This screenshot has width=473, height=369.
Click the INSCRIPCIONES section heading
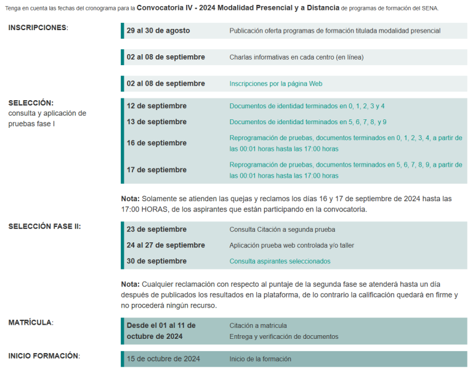click(38, 28)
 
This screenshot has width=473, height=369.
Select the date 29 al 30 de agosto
click(158, 31)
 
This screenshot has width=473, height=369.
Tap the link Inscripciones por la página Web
click(275, 84)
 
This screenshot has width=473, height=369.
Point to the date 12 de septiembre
click(156, 106)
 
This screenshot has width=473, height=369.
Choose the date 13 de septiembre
click(156, 122)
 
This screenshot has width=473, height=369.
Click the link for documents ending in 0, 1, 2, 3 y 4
click(307, 106)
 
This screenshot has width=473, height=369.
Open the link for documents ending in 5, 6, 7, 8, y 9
click(308, 122)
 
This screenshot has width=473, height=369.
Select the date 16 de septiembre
click(156, 143)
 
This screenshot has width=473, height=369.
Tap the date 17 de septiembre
click(156, 170)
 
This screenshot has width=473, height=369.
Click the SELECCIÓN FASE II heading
click(44, 226)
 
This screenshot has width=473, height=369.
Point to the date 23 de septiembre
click(156, 229)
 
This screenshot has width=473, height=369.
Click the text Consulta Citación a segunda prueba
click(282, 229)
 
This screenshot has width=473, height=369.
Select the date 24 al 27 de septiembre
click(166, 245)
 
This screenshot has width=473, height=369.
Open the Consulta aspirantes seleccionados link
click(280, 261)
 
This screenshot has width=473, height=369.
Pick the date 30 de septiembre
click(156, 261)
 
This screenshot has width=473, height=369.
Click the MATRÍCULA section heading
click(30, 322)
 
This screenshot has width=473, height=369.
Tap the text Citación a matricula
click(258, 325)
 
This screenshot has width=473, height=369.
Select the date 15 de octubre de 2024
click(163, 359)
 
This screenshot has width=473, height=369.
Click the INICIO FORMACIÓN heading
click(44, 355)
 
